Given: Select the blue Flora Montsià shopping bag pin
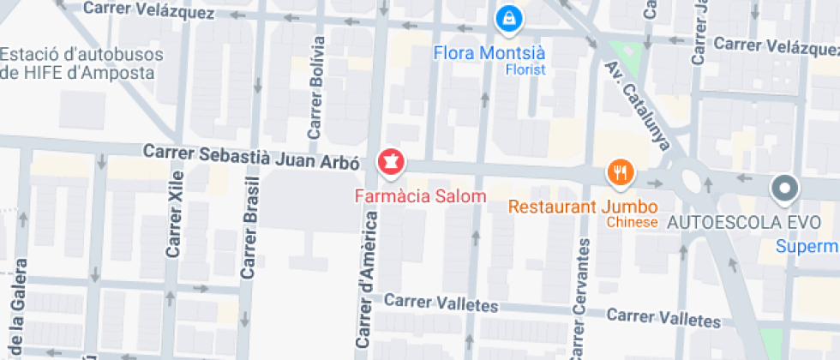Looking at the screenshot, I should tap(509, 15).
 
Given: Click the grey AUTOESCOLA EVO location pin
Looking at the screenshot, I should tap(783, 188).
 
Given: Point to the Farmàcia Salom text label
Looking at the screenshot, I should tap(420, 196).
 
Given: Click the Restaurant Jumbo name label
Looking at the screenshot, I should tap(582, 207).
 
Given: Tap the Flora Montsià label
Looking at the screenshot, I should tap(489, 53).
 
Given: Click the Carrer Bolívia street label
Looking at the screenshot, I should tap(316, 88).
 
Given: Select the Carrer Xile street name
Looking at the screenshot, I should tap(175, 221).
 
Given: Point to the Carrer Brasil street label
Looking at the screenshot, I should tap(249, 233).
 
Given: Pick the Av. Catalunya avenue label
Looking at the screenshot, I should tap(637, 105).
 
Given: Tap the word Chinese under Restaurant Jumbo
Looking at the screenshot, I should tap(632, 223).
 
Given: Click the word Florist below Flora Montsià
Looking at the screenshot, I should tap(525, 69).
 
